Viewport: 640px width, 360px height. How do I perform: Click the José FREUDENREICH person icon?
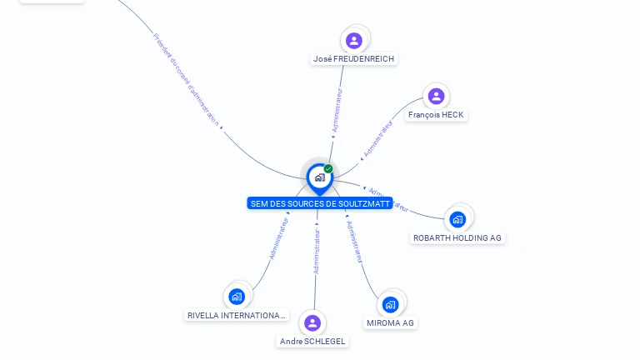pos(354,40)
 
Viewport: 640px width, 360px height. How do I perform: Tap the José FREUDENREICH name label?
pos(354,59)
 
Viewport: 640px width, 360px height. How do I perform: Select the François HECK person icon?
pos(436,96)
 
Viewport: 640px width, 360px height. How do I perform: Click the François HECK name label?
pos(436,115)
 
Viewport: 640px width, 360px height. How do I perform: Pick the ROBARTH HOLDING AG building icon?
pos(457,219)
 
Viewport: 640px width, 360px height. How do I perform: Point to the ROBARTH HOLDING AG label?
pos(457,237)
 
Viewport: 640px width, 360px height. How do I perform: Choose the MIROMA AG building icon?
pos(390,304)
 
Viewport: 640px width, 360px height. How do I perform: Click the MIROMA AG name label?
pos(390,322)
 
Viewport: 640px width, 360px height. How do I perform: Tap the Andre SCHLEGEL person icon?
pos(312,322)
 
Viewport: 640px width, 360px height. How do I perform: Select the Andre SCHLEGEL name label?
pos(312,342)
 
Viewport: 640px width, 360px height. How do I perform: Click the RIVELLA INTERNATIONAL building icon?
pos(237,296)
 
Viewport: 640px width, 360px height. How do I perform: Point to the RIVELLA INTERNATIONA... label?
pos(237,316)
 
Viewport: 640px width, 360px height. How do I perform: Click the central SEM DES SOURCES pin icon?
pos(319,177)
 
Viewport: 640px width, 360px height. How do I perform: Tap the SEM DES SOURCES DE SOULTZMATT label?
pos(320,203)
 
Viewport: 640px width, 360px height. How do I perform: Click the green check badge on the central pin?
pos(328,169)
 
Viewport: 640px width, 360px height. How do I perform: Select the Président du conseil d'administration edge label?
pos(187,79)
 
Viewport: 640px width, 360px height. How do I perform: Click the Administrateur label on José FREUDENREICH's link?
pos(337,111)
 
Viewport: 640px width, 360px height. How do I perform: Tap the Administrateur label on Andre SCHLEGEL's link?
pos(317,252)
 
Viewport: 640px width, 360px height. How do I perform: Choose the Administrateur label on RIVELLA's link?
pos(278,239)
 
